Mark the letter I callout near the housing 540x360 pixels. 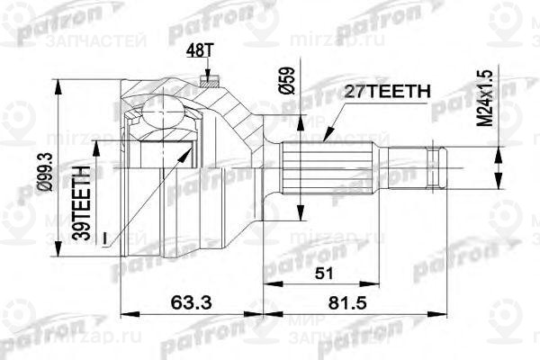pyautogui.click(x=105, y=236)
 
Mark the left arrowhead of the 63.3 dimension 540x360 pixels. pyautogui.click(x=122, y=312)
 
